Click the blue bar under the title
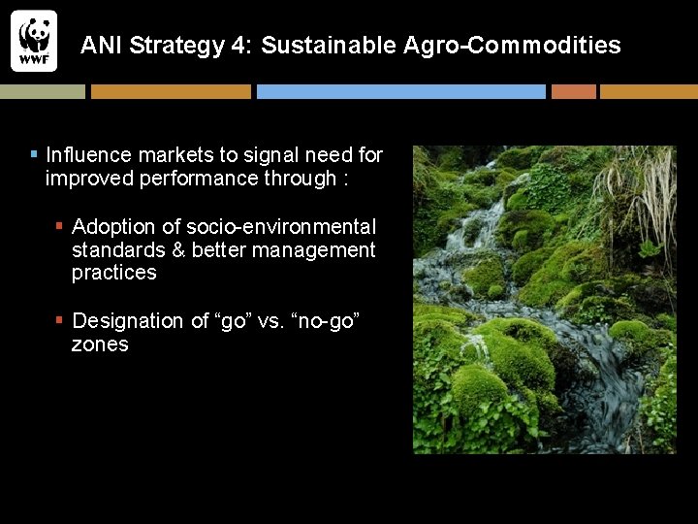point(400,91)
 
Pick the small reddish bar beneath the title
point(573,91)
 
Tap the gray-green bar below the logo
point(42,91)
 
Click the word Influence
point(89,155)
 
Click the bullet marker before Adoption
point(60,226)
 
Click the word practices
point(113,273)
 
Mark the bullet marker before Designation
point(60,320)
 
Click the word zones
point(100,344)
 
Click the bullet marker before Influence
point(34,154)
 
